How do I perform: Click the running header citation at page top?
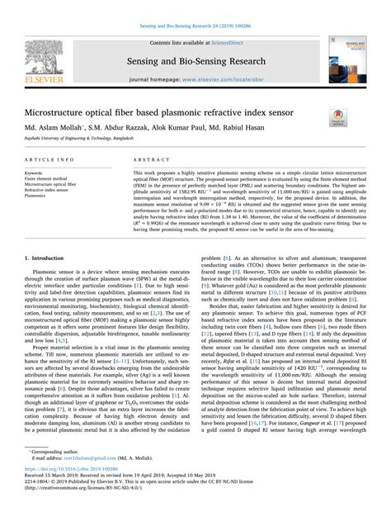point(195,7)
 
